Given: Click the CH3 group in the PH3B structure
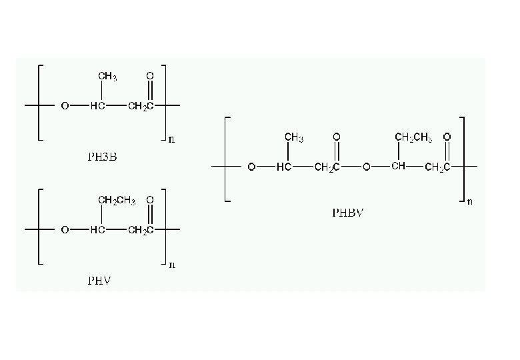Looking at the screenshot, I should pyautogui.click(x=108, y=77).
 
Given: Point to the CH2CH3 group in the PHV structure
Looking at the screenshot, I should pyautogui.click(x=117, y=200).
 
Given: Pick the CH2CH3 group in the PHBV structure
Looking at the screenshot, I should pyautogui.click(x=413, y=137).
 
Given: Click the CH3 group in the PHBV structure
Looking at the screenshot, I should pyautogui.click(x=294, y=137).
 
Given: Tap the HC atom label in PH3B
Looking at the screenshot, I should pyautogui.click(x=97, y=106).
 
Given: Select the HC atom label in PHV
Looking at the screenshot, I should pyautogui.click(x=97, y=230).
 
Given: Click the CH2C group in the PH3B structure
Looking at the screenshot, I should pyautogui.click(x=141, y=106).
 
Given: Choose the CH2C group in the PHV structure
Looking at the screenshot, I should pyautogui.click(x=141, y=230).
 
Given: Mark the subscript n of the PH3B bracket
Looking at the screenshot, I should pyautogui.click(x=172, y=140).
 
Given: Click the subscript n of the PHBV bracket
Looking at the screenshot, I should pyautogui.click(x=469, y=201).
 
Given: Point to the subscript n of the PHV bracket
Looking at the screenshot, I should pyautogui.click(x=172, y=265).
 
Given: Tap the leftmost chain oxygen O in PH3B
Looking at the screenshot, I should pyautogui.click(x=65, y=106).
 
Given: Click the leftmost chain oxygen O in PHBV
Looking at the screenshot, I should pyautogui.click(x=251, y=167).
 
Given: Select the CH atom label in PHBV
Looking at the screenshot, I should pyautogui.click(x=399, y=166).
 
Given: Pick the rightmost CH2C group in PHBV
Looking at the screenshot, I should pyautogui.click(x=437, y=167).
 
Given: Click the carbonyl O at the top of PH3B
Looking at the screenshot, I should pyautogui.click(x=151, y=77).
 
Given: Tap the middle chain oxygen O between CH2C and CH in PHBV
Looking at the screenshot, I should pyautogui.click(x=366, y=167).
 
